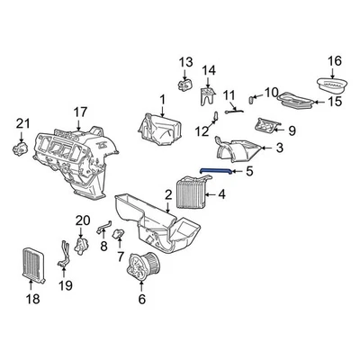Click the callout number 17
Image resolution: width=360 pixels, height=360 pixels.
click(x=80, y=112)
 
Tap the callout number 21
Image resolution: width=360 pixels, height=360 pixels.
click(x=23, y=123)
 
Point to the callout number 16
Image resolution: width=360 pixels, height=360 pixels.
click(x=335, y=61)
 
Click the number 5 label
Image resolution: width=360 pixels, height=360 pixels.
click(x=250, y=170)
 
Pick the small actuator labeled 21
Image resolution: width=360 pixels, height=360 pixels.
click(x=19, y=144)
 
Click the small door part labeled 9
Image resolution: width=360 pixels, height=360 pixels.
click(x=269, y=127)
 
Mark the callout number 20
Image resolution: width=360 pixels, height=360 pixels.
click(x=83, y=220)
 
